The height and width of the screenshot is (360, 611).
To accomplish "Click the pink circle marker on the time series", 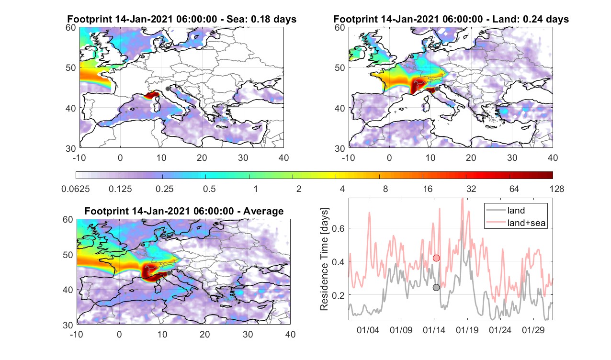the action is (436, 258).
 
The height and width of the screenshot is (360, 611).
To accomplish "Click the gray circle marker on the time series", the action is (436, 287).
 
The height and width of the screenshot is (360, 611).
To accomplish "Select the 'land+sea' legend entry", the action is (516, 223).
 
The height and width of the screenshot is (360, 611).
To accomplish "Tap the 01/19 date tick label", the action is (467, 330).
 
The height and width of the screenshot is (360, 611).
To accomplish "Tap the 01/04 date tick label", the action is (368, 330).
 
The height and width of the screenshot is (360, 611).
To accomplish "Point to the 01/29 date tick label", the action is (533, 330).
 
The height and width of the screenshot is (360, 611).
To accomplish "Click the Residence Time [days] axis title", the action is (324, 259).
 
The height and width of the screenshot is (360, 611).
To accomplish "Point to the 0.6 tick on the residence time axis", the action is (338, 228).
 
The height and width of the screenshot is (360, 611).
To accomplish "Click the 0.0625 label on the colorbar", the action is (76, 189).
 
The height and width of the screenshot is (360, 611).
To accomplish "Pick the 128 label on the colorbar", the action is (557, 189).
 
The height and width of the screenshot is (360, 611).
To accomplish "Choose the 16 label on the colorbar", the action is (428, 189).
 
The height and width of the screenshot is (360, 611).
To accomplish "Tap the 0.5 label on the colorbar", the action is (209, 189).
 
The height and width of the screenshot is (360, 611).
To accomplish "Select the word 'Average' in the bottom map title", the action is (263, 211).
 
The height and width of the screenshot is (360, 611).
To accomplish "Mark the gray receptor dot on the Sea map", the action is (168, 89).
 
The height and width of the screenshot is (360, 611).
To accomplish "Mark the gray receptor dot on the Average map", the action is (169, 273).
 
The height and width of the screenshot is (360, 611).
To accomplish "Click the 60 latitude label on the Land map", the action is (340, 28).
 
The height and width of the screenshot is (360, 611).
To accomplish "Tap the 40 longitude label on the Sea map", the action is (283, 157).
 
